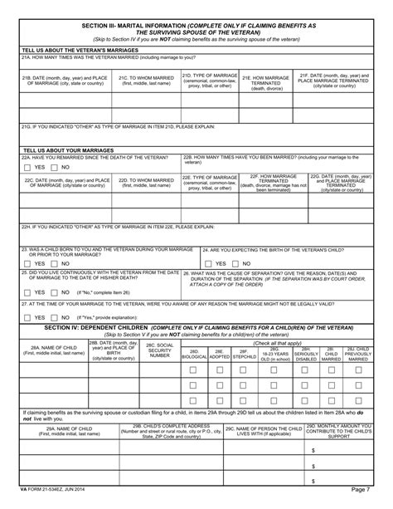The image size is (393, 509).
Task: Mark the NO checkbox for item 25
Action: pos(55,292)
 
